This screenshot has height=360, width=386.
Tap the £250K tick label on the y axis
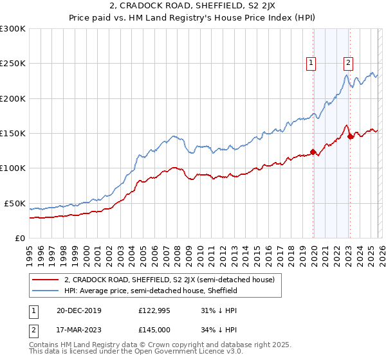tap(13, 64)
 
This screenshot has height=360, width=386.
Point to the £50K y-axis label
tap(15, 203)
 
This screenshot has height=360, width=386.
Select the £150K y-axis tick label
tap(13, 134)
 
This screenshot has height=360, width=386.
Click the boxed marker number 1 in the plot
tap(311, 63)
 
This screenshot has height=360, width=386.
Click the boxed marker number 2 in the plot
tap(348, 63)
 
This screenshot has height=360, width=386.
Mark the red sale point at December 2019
tap(313, 152)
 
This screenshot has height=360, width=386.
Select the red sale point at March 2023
tap(350, 136)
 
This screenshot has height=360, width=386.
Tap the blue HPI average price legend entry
tap(151, 291)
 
